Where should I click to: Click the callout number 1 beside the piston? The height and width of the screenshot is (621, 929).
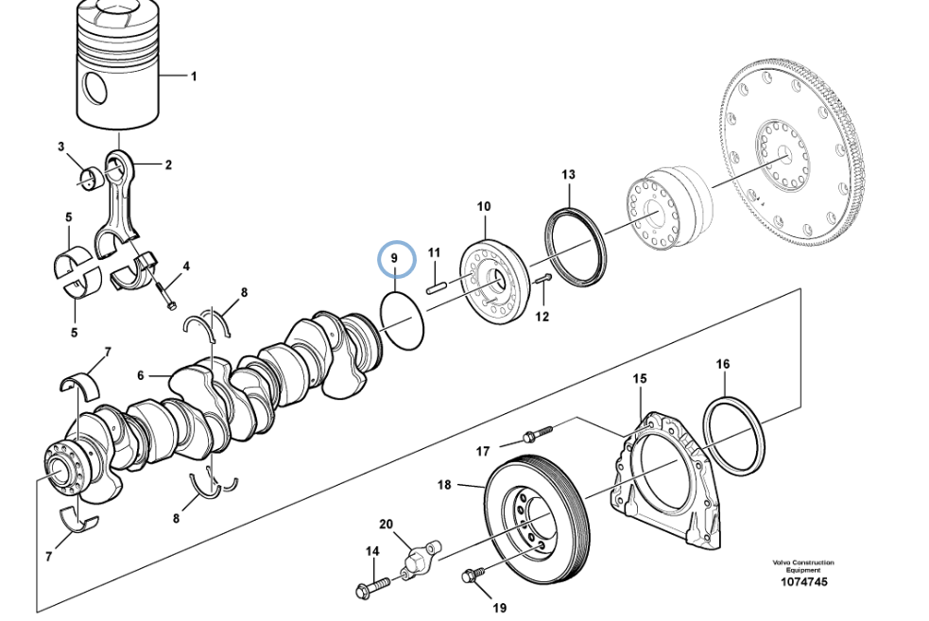point(193,77)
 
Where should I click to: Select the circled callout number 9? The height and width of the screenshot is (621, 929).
point(395,259)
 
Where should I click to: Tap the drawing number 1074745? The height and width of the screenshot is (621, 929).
point(803,582)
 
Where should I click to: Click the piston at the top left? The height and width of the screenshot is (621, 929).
point(119,67)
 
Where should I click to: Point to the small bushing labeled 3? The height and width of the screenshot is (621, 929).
point(91,179)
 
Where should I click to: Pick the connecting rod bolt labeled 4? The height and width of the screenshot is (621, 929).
point(165,295)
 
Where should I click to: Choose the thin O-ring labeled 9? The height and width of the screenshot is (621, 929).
point(403,320)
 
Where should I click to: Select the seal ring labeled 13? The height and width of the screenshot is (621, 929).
point(576,246)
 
